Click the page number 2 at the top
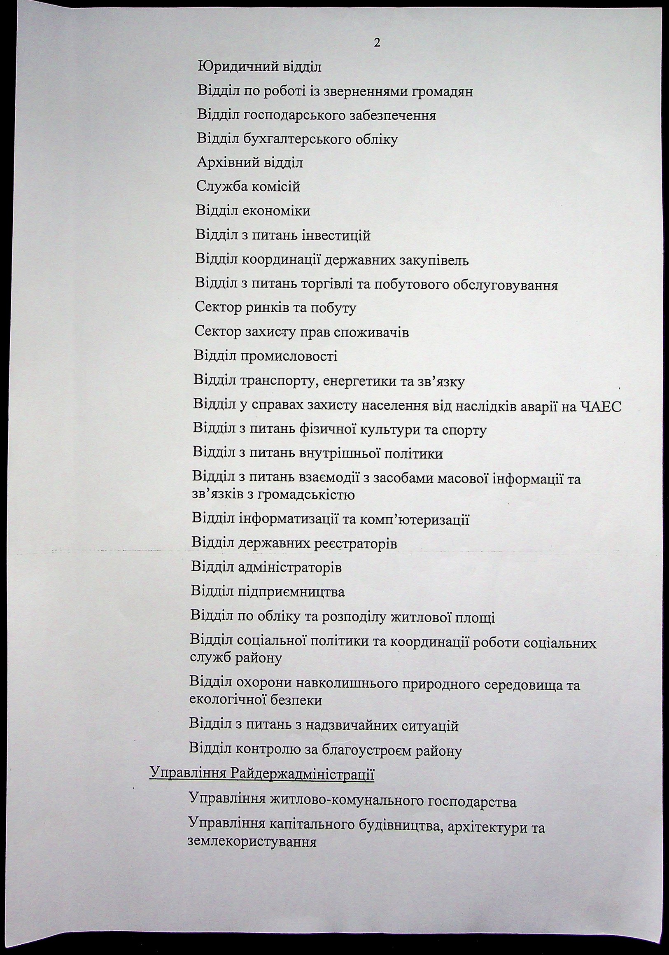[377, 43]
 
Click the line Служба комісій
[248, 186]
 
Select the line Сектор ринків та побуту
[276, 308]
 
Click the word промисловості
[289, 357]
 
